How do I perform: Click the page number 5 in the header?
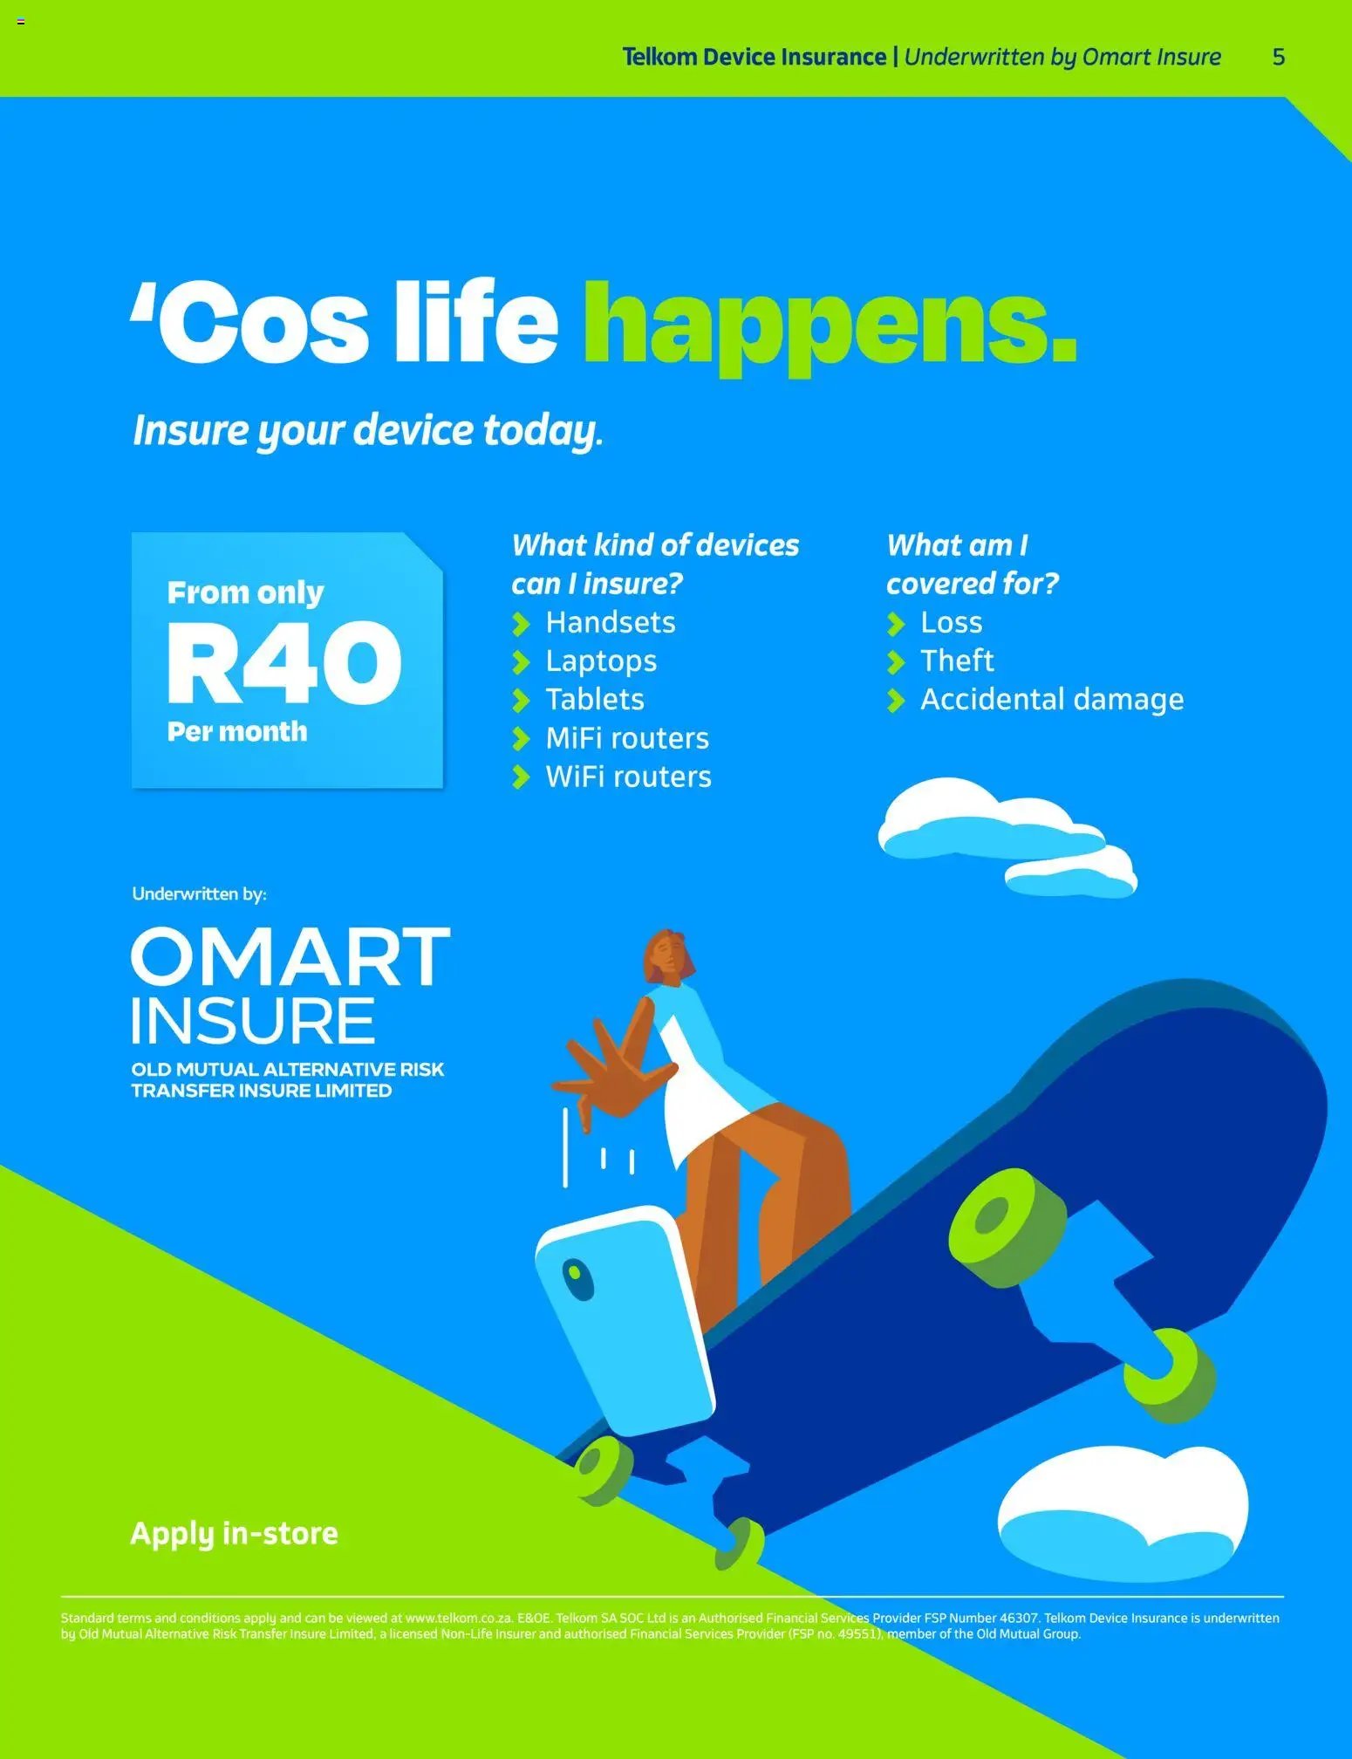point(1278,58)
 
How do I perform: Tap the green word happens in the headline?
point(829,323)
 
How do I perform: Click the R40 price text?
point(284,663)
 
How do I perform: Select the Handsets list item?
point(611,623)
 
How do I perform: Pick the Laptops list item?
point(601,661)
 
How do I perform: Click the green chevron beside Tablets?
point(521,701)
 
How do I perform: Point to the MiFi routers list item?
point(627,739)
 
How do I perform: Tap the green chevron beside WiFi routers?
point(521,777)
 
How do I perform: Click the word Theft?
point(957,661)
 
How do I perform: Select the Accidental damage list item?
point(1052,700)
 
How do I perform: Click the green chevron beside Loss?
point(896,624)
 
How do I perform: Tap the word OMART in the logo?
point(290,958)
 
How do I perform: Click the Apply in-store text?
point(234,1534)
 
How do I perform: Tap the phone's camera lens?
point(577,1278)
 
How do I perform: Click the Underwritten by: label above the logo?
point(199,893)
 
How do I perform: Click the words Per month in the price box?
point(237,731)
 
